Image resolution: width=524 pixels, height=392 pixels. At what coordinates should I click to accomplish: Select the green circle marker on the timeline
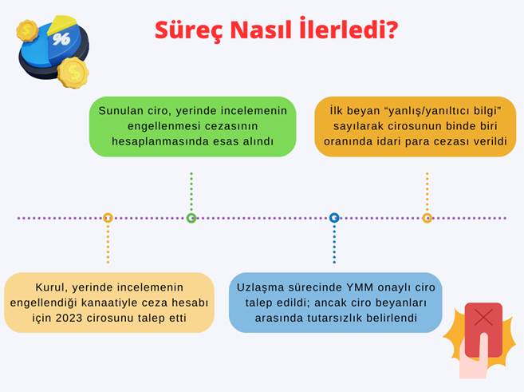point(191,218)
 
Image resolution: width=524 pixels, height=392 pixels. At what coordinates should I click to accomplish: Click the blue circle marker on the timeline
point(334,218)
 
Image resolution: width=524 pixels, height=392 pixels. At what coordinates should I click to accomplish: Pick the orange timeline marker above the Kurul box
point(108,218)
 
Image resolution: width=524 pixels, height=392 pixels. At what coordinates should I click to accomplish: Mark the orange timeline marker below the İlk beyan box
point(427,218)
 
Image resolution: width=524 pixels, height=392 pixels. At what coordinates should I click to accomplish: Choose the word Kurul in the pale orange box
point(52,287)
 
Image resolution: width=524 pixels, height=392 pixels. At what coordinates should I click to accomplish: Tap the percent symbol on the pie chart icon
point(61,39)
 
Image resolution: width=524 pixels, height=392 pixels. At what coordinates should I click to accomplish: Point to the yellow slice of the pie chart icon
point(62,23)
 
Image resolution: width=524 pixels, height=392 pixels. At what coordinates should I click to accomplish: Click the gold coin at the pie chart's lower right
point(73,73)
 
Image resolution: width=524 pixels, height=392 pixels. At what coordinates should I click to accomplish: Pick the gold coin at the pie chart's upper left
point(27,30)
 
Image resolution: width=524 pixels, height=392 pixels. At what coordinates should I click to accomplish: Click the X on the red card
point(483,317)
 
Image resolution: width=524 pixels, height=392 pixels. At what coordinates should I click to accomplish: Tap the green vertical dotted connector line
point(191,192)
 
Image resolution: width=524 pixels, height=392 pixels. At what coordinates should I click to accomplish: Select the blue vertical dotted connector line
point(334,244)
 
